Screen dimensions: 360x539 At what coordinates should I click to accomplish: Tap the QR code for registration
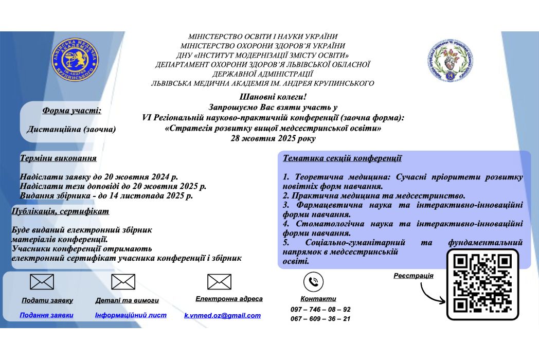482,283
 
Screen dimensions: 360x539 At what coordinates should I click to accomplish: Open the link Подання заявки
46,315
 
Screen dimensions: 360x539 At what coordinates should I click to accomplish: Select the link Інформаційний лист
131,315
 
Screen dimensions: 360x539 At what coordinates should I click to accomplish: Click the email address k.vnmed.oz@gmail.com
222,315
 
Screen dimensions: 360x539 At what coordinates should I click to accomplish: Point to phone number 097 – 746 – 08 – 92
320,309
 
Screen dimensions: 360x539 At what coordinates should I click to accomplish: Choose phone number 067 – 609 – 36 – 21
320,318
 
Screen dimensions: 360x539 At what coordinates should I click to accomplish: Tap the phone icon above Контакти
313,282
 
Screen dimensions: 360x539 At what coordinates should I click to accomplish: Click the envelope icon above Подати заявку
42,282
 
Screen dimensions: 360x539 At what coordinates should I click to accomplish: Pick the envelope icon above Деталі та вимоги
123,282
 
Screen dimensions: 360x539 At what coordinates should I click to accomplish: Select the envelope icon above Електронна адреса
219,282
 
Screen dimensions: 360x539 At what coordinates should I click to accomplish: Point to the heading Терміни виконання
58,158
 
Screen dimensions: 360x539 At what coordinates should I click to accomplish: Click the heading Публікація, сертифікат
61,211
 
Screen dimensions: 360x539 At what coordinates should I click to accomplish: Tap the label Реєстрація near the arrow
414,276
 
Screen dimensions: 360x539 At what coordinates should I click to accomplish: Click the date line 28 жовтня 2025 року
273,138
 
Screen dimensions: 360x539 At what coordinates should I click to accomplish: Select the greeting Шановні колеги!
273,97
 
